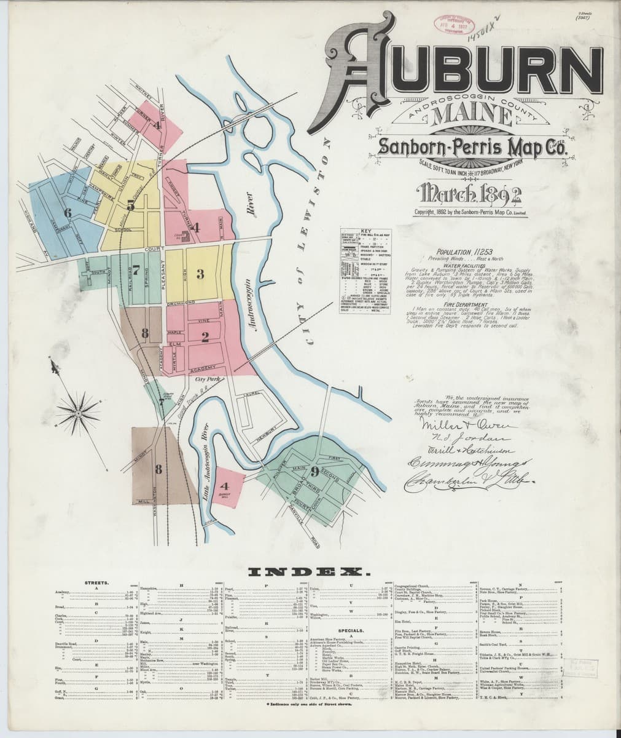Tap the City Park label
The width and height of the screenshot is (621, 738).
[208, 379]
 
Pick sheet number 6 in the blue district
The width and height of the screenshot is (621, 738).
[68, 213]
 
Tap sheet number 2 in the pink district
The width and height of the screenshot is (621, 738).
[206, 336]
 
